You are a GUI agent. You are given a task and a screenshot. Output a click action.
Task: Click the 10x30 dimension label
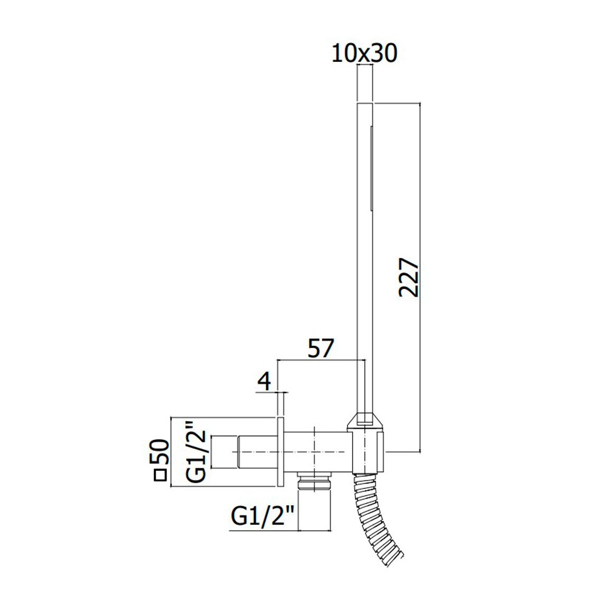[x=364, y=53]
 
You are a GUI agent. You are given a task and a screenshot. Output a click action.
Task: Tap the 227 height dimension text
[x=409, y=276]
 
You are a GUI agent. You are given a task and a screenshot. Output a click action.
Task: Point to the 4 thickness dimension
[x=264, y=381]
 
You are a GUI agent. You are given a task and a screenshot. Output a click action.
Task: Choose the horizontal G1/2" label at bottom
[x=263, y=517]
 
